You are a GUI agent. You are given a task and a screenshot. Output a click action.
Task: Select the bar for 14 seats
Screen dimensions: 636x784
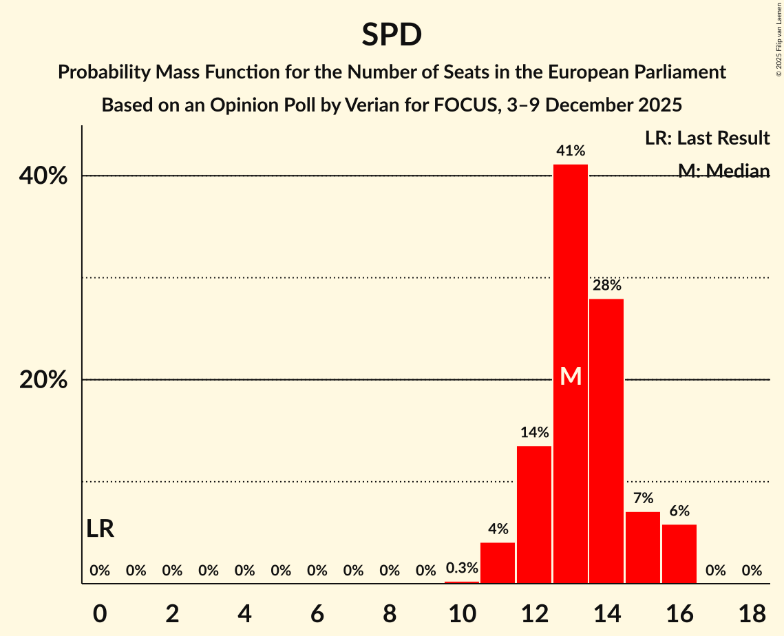606,441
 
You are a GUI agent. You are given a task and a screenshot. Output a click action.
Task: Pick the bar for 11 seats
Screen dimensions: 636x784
498,563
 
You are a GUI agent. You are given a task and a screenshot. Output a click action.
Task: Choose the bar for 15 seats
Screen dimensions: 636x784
643,548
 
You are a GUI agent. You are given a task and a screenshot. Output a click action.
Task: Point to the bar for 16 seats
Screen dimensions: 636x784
679,554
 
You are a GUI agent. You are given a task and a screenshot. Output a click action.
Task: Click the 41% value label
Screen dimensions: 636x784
571,150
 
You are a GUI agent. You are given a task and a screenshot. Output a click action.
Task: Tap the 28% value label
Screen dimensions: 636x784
606,285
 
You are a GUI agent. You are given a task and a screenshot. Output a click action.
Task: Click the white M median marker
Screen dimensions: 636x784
571,376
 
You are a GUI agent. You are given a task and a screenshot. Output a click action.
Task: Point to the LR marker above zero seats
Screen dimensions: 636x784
100,529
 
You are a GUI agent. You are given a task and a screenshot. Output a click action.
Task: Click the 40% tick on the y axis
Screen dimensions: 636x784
43,176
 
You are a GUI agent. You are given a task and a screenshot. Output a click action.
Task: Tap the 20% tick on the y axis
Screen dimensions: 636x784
43,380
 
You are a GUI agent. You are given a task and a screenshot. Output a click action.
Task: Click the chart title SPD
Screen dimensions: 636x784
392,35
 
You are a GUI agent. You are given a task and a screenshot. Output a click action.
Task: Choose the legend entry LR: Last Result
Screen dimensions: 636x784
707,138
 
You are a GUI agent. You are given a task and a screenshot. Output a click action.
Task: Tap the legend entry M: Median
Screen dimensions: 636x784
723,171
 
